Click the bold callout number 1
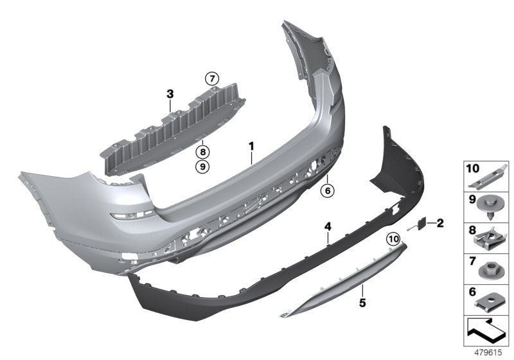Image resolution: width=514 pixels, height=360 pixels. click(251, 147)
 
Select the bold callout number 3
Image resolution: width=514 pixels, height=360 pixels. click(170, 94)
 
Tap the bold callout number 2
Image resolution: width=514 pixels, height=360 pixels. click(440, 223)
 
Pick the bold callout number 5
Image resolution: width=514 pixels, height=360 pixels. click(362, 300)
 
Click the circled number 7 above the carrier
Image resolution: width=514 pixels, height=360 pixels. click(211, 79)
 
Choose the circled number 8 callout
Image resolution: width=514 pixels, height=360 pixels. click(203, 152)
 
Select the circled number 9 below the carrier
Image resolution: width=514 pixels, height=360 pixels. click(203, 166)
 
